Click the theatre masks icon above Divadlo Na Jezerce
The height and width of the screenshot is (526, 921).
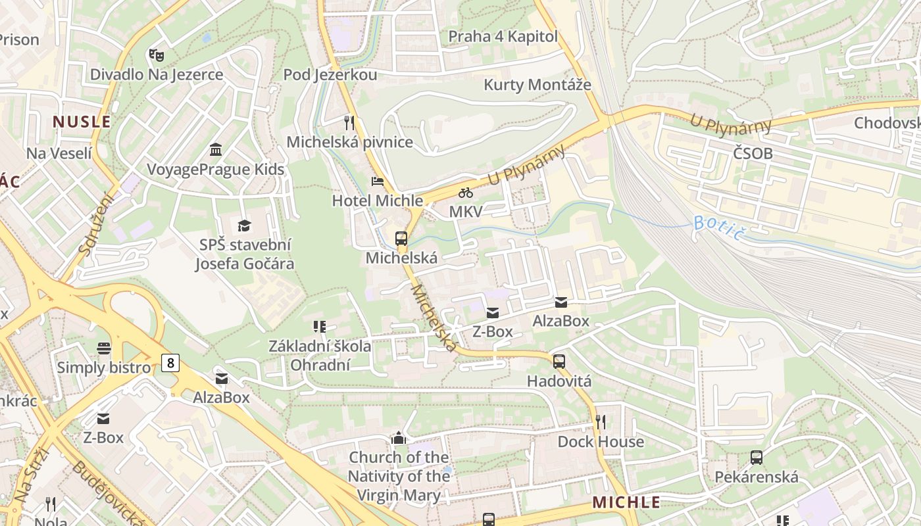[156, 55]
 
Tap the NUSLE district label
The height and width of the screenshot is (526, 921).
[82, 122]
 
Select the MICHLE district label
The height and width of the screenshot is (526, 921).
[626, 502]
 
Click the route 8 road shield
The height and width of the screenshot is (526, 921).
[170, 362]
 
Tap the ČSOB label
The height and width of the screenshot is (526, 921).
[753, 154]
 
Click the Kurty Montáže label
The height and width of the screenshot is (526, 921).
[537, 85]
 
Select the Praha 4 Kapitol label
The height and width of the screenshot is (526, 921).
[503, 36]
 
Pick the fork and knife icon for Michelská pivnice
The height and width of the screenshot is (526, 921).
[349, 122]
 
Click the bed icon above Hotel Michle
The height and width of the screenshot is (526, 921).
[378, 181]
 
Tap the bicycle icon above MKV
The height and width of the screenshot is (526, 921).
[466, 193]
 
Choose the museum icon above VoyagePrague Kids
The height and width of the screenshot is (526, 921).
[215, 150]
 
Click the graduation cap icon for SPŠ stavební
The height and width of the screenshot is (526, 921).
[244, 226]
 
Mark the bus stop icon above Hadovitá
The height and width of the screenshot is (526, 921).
[559, 361]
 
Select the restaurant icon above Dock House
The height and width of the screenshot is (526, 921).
[600, 421]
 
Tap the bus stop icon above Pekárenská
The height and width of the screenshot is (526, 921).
[757, 457]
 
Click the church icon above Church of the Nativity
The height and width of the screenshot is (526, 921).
[399, 437]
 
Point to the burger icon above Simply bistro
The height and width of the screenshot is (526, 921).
[103, 348]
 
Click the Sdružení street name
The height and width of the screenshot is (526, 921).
[96, 224]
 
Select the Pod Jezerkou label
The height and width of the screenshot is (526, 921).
[330, 75]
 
